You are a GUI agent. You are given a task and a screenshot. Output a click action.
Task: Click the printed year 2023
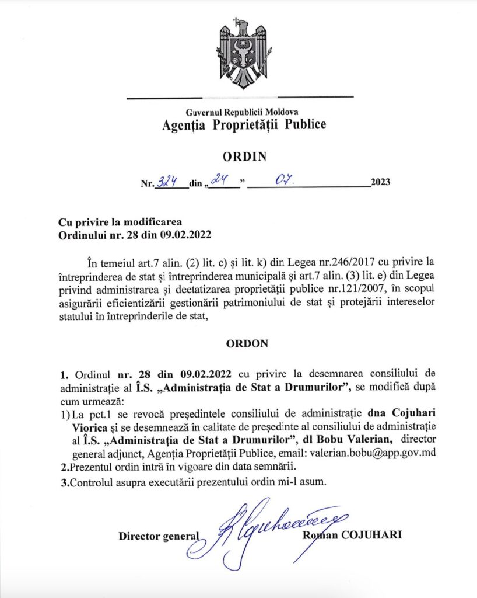click(x=380, y=182)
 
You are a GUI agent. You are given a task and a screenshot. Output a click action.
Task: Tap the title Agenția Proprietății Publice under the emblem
click(x=244, y=124)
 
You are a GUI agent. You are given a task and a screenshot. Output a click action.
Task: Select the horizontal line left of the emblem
click(x=164, y=97)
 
